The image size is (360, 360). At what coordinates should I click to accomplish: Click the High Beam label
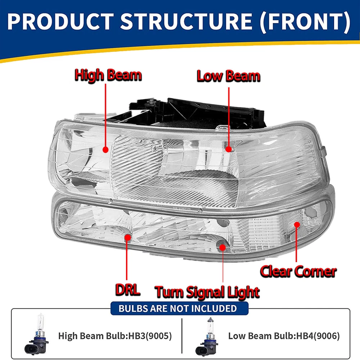[x=108, y=76]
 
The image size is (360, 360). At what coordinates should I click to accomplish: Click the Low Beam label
[x=229, y=76]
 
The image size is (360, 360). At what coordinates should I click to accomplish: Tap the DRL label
[x=128, y=290]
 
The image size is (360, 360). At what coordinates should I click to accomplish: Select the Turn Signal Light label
[x=207, y=292]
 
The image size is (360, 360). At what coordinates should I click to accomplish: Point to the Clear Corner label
[x=298, y=271]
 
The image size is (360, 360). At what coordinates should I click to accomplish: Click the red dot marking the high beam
[x=105, y=149]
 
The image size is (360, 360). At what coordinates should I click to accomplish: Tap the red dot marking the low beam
[x=228, y=148]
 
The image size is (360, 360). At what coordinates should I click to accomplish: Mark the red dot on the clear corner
[x=297, y=224]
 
